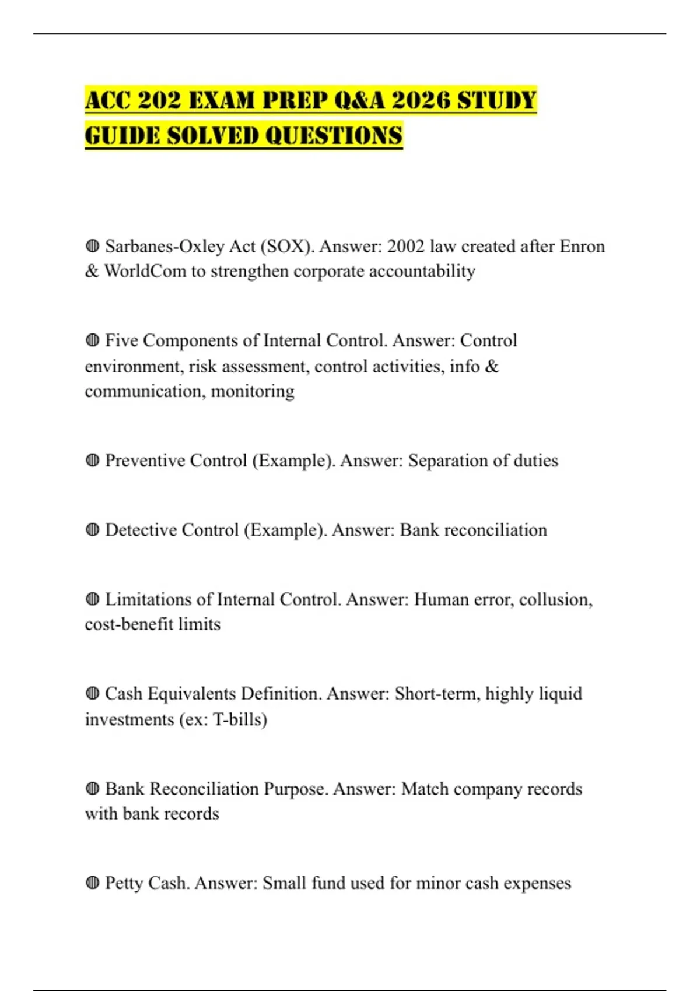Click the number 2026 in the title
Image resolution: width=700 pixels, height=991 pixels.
point(421,100)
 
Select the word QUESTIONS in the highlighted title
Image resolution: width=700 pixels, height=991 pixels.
point(334,136)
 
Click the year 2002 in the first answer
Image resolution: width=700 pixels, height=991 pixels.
point(406,247)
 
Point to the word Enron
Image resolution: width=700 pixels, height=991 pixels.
point(582,247)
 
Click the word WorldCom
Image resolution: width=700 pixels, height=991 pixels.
point(145,272)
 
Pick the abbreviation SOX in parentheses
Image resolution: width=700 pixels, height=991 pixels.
point(287,247)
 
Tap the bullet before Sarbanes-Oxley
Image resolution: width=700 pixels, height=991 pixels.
point(92,247)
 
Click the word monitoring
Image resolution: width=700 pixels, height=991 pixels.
point(253,391)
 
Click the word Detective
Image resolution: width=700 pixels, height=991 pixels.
point(141,530)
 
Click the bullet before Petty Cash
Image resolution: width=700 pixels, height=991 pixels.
point(92,883)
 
